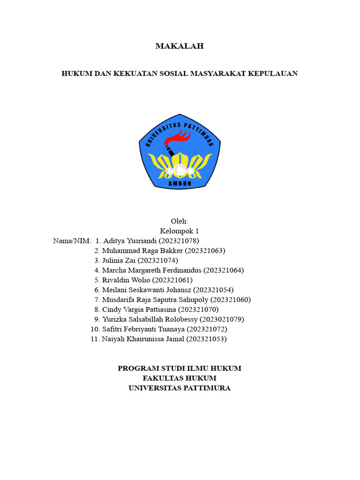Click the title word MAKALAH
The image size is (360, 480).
tap(180, 46)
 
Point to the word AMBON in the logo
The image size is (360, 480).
tap(180, 184)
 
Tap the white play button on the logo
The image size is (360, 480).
tap(180, 169)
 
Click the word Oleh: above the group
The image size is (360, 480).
tap(180, 221)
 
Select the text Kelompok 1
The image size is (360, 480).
tap(180, 231)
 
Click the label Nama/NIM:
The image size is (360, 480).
tap(72, 241)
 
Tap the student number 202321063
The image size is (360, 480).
tap(205, 251)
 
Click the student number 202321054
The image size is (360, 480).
tap(213, 290)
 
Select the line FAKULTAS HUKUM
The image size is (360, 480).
tap(180, 378)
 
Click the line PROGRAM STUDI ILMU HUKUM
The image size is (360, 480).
tap(180, 368)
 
